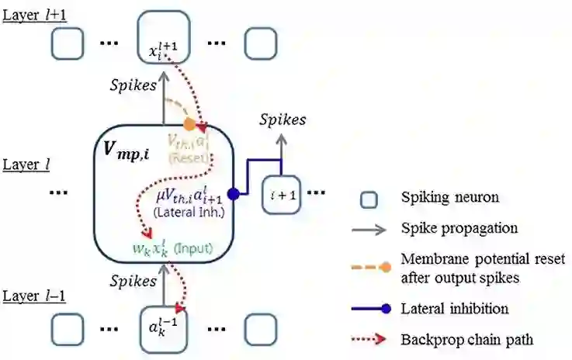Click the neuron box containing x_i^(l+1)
click(x=162, y=42)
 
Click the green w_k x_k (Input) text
click(x=172, y=250)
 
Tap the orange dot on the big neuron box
click(x=189, y=123)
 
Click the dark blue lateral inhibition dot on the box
click(x=233, y=193)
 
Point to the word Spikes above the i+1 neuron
click(x=282, y=120)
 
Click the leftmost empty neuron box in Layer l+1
click(x=68, y=44)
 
